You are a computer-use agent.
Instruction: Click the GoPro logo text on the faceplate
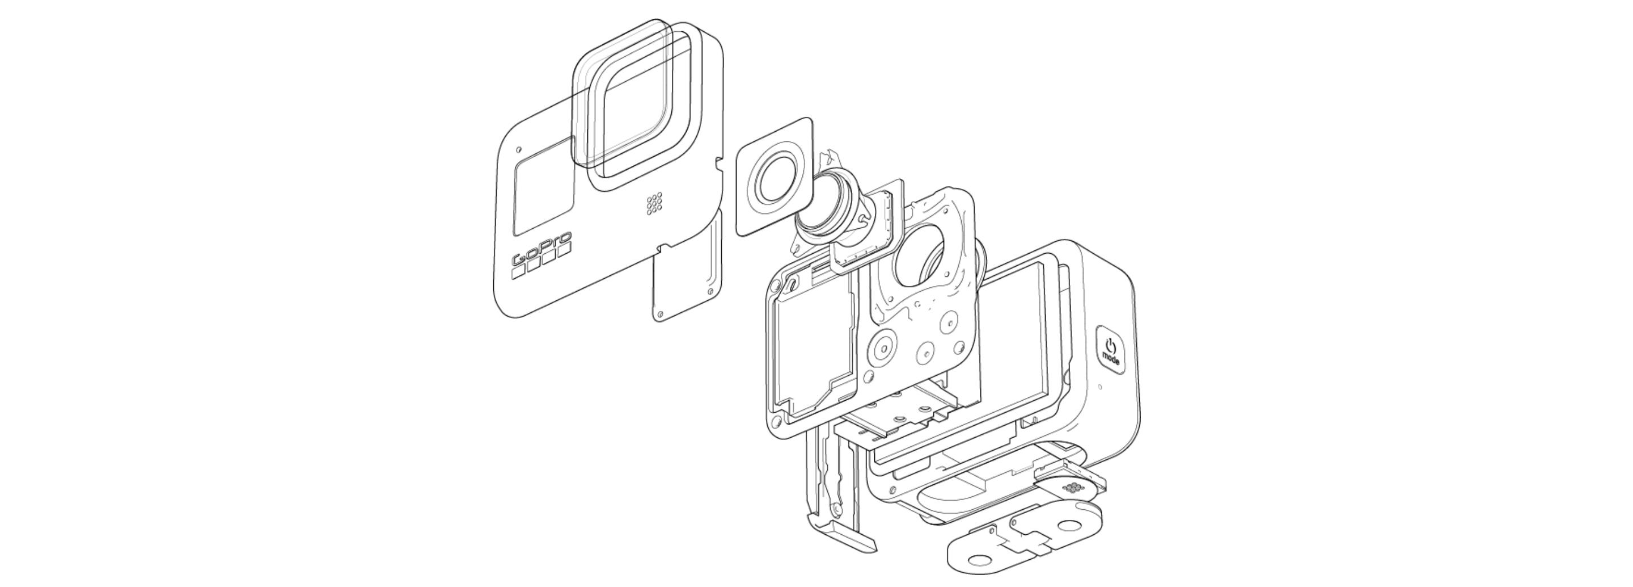pyautogui.click(x=541, y=249)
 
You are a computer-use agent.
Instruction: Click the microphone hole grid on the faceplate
pyautogui.click(x=654, y=204)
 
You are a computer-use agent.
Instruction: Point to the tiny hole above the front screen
pyautogui.click(x=519, y=150)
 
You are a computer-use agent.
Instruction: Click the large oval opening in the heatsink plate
pyautogui.click(x=921, y=257)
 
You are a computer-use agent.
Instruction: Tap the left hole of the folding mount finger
pyautogui.click(x=980, y=560)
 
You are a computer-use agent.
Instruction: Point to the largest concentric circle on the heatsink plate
pyautogui.click(x=882, y=349)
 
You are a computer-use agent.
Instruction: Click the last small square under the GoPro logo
pyautogui.click(x=564, y=249)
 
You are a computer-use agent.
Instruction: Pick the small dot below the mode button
pyautogui.click(x=1100, y=387)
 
